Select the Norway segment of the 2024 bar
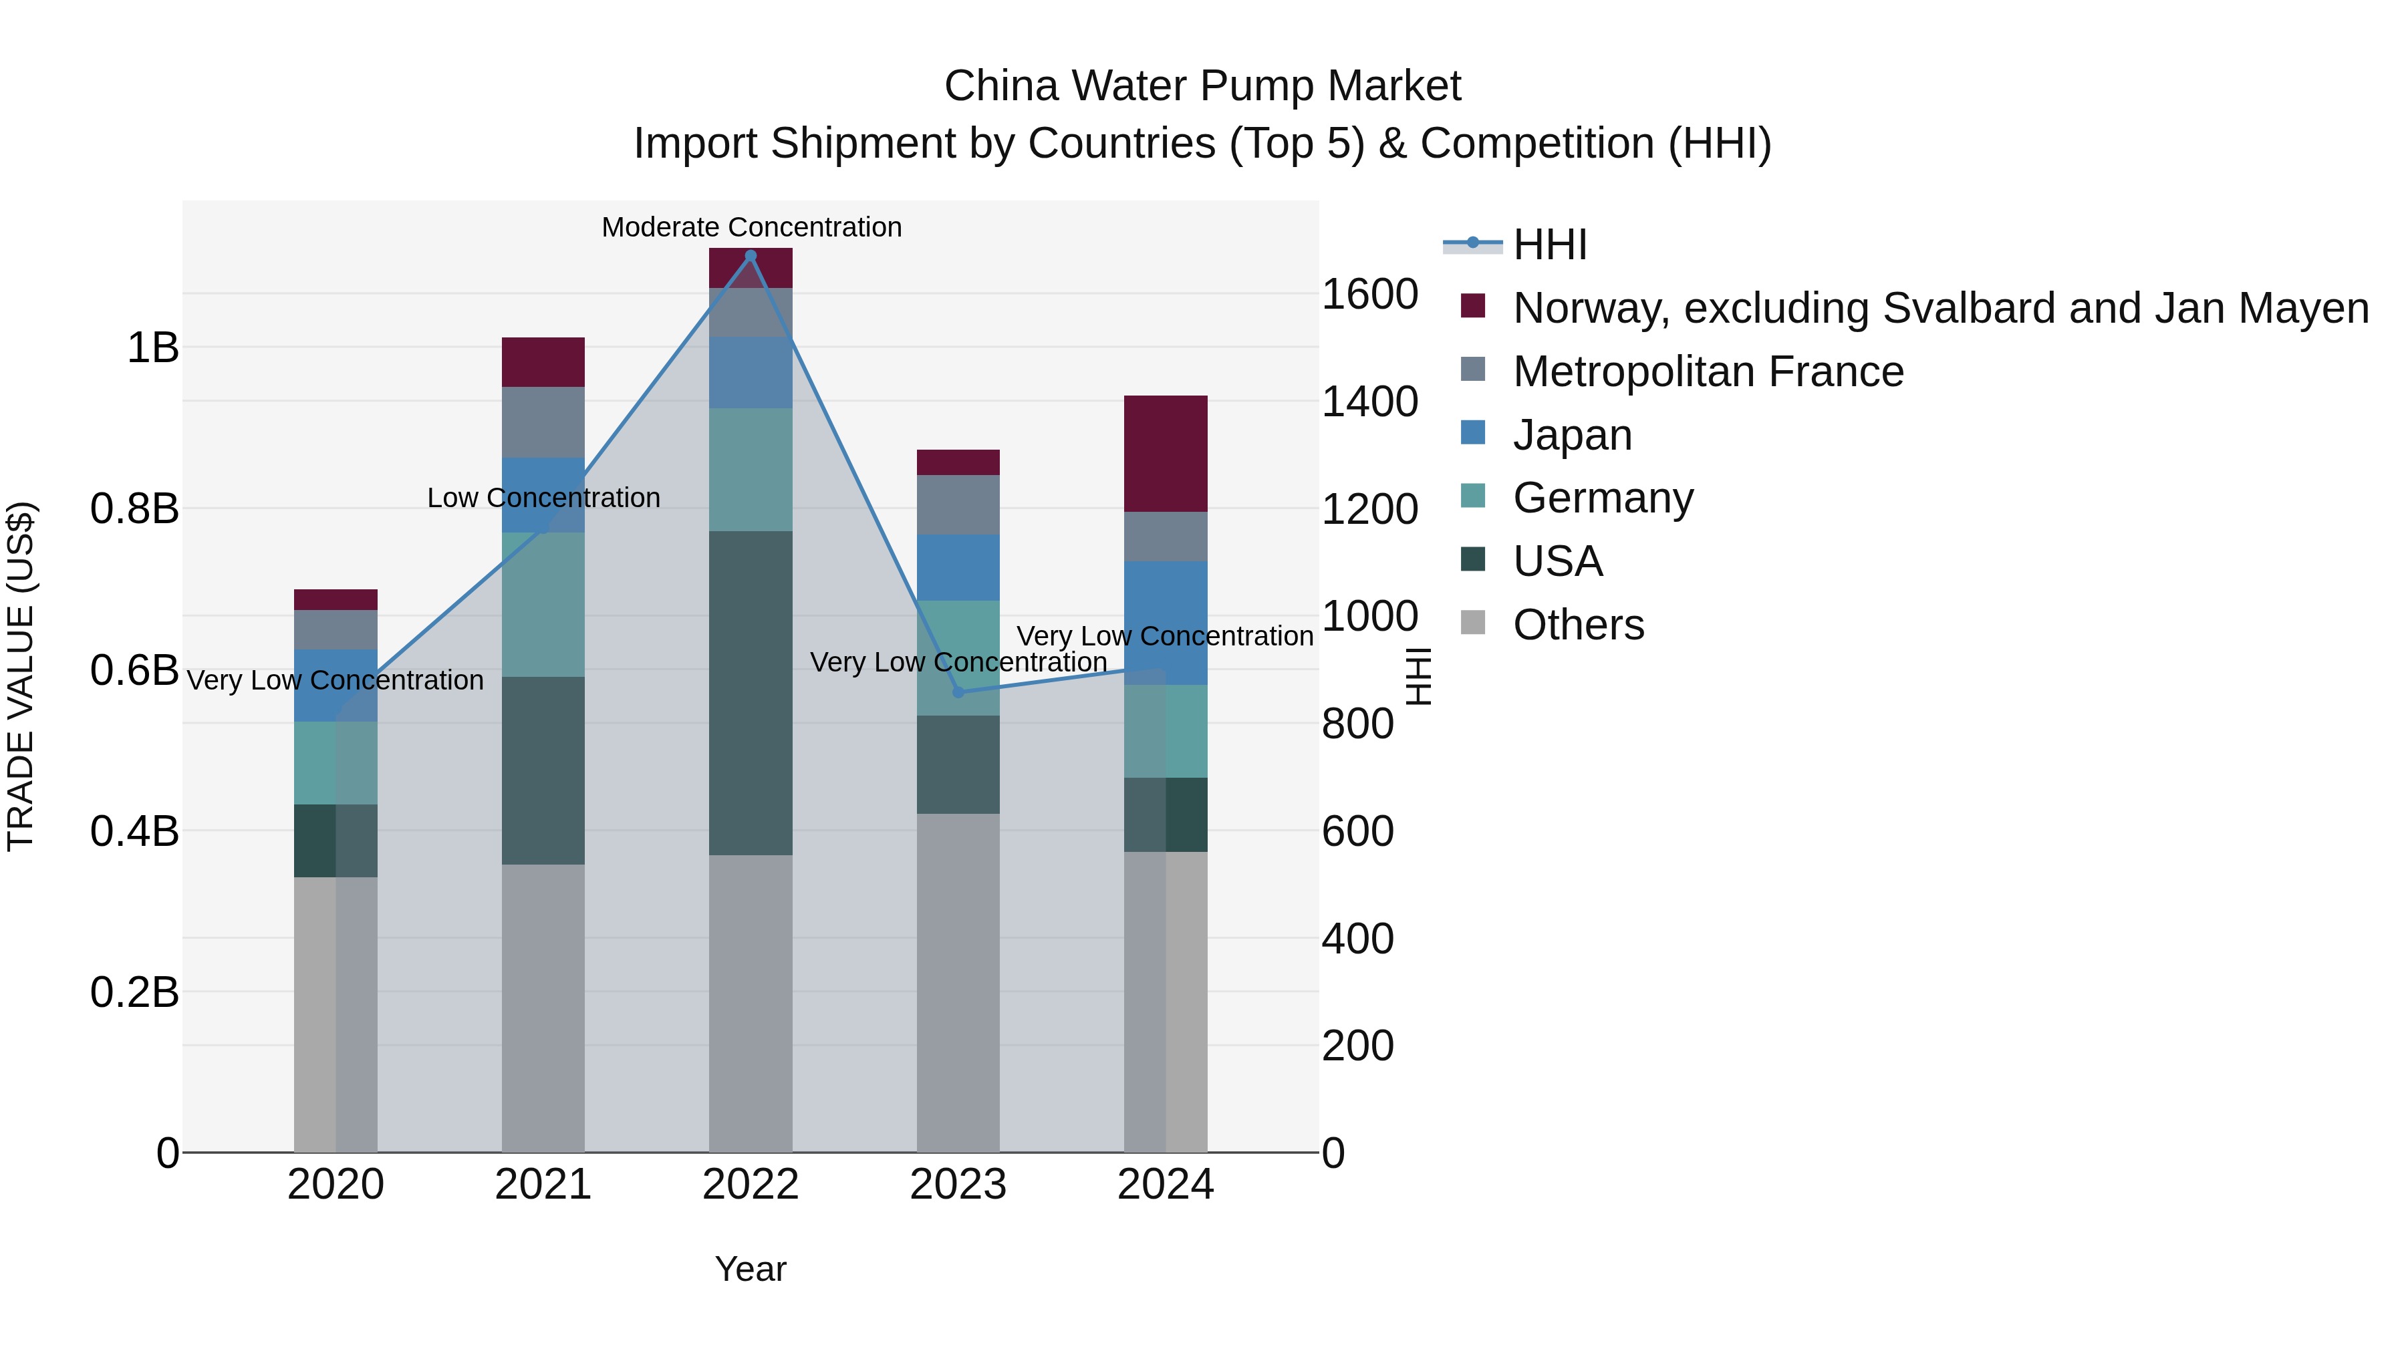click(x=1165, y=454)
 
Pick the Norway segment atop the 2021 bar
click(x=543, y=362)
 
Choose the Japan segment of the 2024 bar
click(x=1165, y=623)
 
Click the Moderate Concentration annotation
click(x=751, y=227)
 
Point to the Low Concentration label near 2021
click(x=543, y=498)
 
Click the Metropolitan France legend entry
click(x=1708, y=371)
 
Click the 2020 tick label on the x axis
click(x=336, y=1185)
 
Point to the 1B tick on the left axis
click(x=152, y=348)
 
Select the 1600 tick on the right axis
click(x=1369, y=294)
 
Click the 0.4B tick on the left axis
click(x=134, y=831)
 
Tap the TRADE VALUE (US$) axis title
click(x=21, y=676)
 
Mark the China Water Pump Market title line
click(x=1202, y=86)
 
